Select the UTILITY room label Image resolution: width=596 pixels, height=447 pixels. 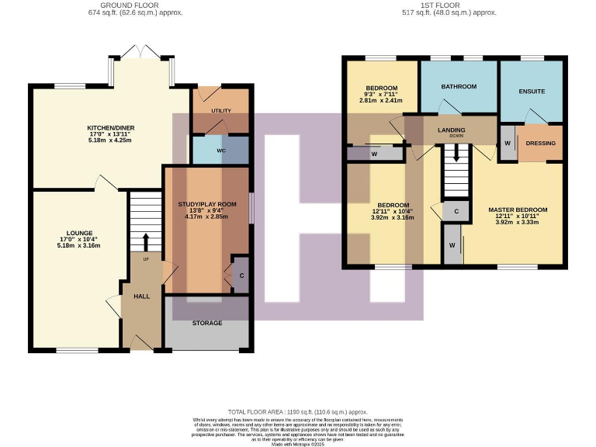tap(221, 112)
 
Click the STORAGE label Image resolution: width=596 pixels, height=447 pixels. tap(206, 323)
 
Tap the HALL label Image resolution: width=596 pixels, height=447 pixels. tap(141, 296)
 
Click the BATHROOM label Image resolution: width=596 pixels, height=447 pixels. tap(459, 86)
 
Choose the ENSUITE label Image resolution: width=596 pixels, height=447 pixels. tap(532, 92)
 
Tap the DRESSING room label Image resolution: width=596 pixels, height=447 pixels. tap(540, 144)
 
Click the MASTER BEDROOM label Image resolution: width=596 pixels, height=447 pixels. tap(518, 210)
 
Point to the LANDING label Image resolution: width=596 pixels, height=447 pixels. tap(452, 130)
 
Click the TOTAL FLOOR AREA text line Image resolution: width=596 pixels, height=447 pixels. tap(297, 412)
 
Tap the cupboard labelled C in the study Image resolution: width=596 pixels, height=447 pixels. tap(241, 274)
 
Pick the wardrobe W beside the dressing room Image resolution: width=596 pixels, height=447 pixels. tap(507, 144)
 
